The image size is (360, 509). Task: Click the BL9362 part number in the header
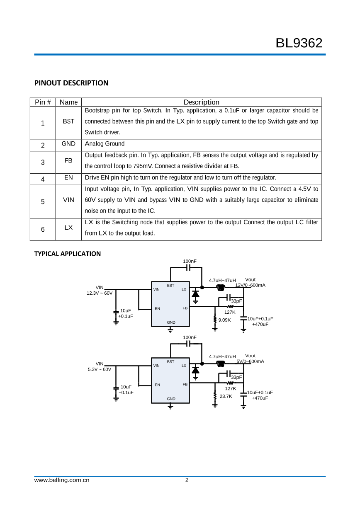click(299, 43)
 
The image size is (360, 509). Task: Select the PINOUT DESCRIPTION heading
click(71, 83)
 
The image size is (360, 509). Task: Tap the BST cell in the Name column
click(68, 121)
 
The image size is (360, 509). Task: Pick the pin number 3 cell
click(43, 162)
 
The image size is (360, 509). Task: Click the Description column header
click(201, 102)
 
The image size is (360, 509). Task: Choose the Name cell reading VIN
click(68, 200)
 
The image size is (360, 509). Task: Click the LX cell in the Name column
click(68, 228)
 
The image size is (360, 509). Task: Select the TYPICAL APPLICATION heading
click(67, 254)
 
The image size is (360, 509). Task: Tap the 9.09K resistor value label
click(224, 320)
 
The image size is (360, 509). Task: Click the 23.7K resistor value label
click(226, 396)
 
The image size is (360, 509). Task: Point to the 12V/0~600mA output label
click(250, 285)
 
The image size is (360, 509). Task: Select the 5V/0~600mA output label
click(250, 361)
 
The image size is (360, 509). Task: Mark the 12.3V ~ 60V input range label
click(99, 293)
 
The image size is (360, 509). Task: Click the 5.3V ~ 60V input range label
click(99, 369)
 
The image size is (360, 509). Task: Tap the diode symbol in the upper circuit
click(195, 294)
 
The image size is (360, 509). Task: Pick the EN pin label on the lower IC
click(157, 385)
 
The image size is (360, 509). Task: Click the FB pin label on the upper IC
click(185, 308)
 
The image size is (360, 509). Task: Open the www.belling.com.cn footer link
click(62, 480)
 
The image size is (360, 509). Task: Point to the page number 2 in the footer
click(187, 480)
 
